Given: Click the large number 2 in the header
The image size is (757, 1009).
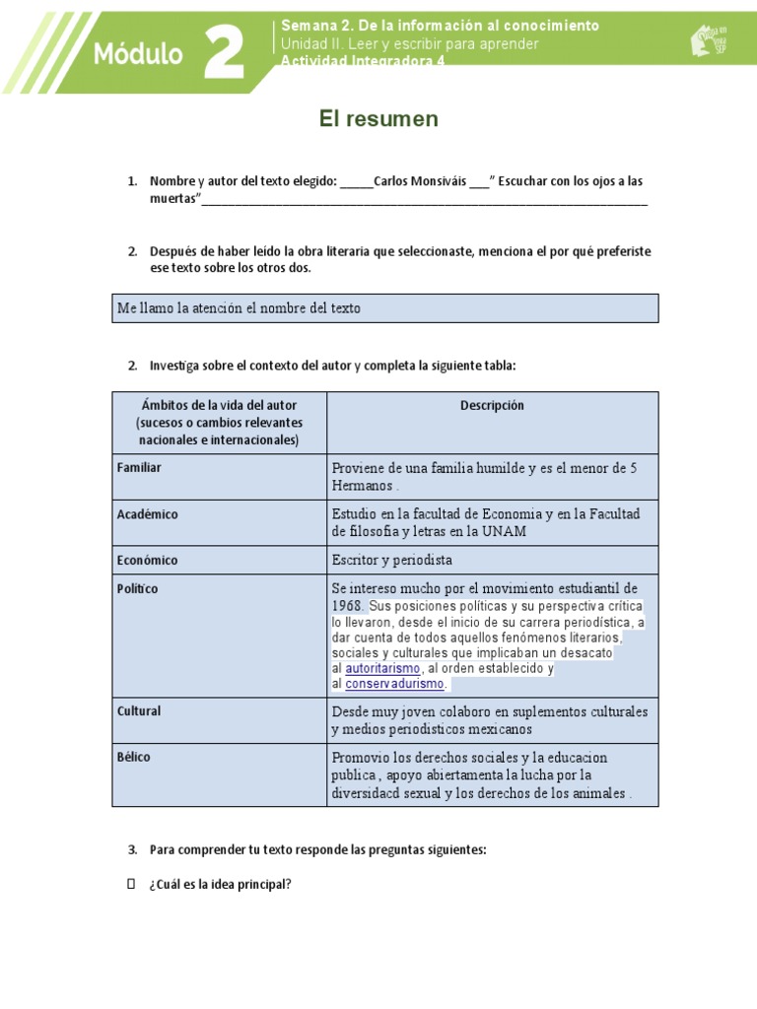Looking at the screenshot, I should (224, 53).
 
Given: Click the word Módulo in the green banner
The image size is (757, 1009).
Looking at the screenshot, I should (138, 55).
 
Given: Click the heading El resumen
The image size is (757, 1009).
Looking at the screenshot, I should (378, 119).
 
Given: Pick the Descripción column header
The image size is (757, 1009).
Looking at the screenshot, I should (492, 406).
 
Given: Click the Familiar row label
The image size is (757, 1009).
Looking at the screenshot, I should (139, 468).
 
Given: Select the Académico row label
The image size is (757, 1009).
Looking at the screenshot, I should (148, 514).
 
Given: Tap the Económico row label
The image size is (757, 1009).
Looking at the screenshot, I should (148, 561).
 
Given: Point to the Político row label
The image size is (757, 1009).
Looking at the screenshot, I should (137, 589).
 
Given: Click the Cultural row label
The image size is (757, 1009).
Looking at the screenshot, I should (139, 711).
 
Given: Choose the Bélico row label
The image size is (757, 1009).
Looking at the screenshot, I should (134, 758).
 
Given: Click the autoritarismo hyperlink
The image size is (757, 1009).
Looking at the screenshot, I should (382, 669).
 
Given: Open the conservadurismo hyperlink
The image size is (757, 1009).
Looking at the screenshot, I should (395, 684).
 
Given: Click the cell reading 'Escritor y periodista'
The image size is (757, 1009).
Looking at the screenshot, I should (392, 561).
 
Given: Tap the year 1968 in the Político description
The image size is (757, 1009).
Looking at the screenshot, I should (348, 606).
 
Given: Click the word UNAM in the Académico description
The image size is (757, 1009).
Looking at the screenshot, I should (506, 532).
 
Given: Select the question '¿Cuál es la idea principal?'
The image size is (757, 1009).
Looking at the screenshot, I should (220, 884).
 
